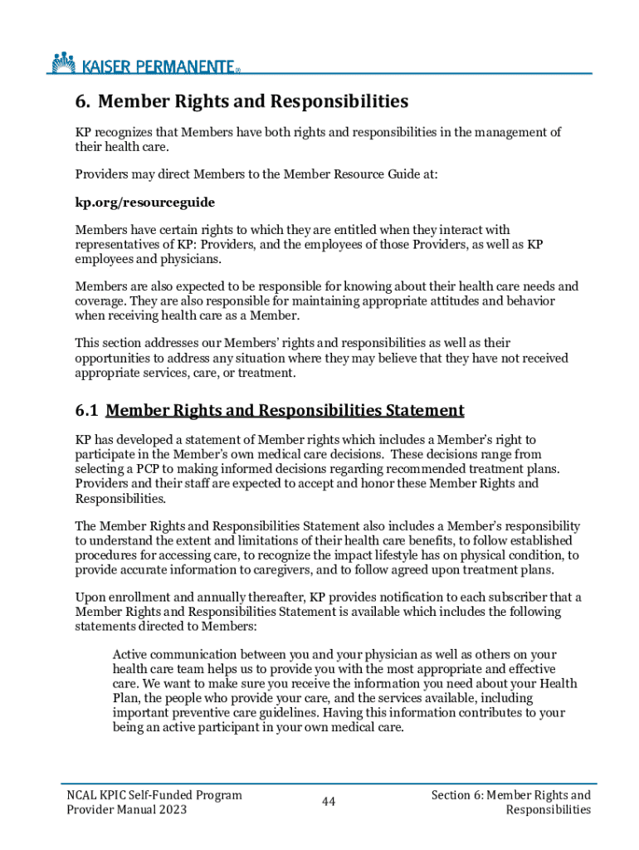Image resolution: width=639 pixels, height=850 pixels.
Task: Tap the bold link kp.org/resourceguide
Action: pos(145,202)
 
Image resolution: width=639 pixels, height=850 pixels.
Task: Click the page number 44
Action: pos(329,802)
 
